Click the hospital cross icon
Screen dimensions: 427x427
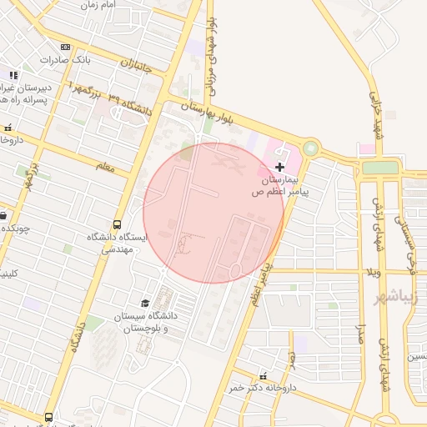pos(279,168)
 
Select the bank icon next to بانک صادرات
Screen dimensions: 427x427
pos(66,47)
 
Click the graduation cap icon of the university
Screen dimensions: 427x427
pos(145,303)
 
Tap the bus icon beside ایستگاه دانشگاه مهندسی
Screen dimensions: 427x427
pos(116,224)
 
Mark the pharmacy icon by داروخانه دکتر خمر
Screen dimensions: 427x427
pos(264,376)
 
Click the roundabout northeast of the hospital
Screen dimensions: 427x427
pos(310,148)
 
